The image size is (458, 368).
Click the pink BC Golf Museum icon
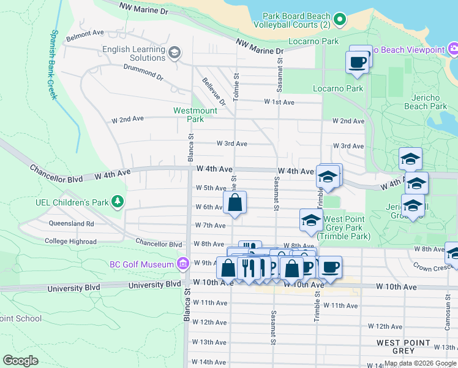click(x=182, y=264)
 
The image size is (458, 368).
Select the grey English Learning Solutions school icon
click(x=175, y=53)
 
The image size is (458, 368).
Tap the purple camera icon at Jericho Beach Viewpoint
click(x=453, y=49)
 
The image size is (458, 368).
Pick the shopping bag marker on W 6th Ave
click(x=235, y=202)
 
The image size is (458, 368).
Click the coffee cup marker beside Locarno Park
click(x=357, y=61)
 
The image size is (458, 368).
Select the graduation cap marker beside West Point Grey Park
click(x=311, y=220)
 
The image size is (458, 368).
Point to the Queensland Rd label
click(x=72, y=224)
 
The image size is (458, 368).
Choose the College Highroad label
click(x=70, y=241)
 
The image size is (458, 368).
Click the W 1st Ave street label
click(x=279, y=102)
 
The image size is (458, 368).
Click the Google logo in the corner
click(x=20, y=361)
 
